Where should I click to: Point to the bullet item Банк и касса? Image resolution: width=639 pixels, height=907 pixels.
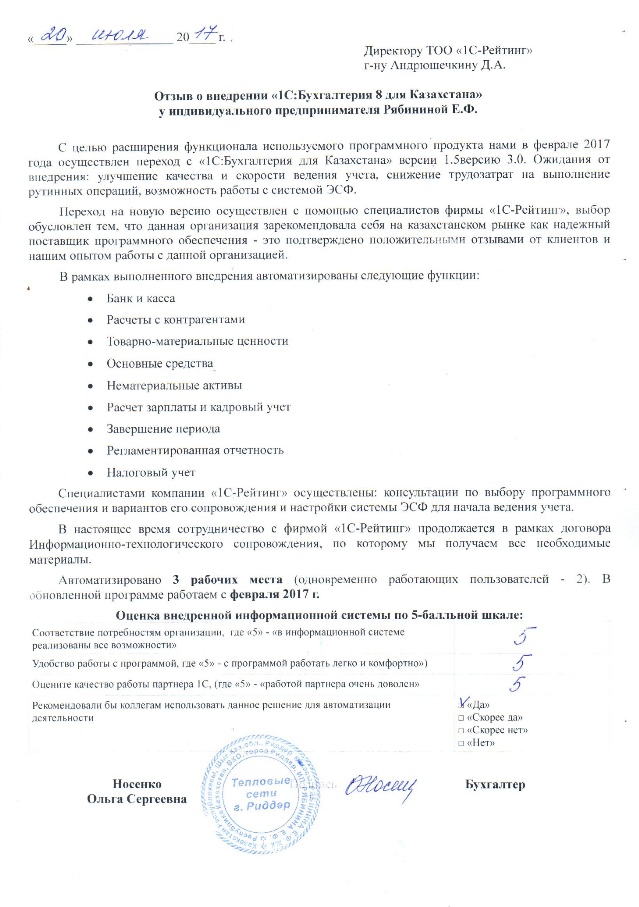pyautogui.click(x=140, y=298)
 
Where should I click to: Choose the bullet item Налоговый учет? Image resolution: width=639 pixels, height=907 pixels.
pyautogui.click(x=151, y=472)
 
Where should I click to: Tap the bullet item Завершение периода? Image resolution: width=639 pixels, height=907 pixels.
pyautogui.click(x=163, y=429)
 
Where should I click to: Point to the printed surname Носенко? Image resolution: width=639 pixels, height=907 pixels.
pyautogui.click(x=137, y=784)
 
